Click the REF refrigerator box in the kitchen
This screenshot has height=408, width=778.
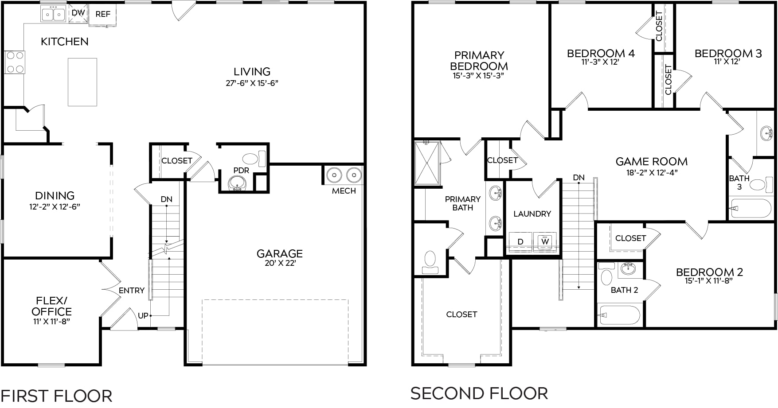click(103, 14)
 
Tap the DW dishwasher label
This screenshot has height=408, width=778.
click(78, 13)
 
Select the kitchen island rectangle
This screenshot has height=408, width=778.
click(82, 82)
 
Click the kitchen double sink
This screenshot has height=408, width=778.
click(53, 14)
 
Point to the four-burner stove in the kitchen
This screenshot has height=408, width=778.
click(15, 62)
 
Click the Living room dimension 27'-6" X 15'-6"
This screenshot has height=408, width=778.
click(252, 83)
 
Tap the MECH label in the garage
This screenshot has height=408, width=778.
click(344, 191)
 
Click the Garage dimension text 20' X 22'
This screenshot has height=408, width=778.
click(279, 263)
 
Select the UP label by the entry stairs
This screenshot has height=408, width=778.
click(143, 316)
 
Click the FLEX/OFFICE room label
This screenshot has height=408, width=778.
click(51, 306)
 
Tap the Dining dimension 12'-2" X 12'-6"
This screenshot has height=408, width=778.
click(55, 206)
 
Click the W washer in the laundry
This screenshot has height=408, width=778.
click(544, 241)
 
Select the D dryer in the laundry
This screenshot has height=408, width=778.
click(520, 241)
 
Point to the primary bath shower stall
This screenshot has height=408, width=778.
click(427, 163)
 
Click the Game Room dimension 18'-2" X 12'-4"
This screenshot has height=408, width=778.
click(652, 173)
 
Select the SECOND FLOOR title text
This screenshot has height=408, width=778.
click(479, 393)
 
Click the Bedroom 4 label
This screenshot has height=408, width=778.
click(601, 54)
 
